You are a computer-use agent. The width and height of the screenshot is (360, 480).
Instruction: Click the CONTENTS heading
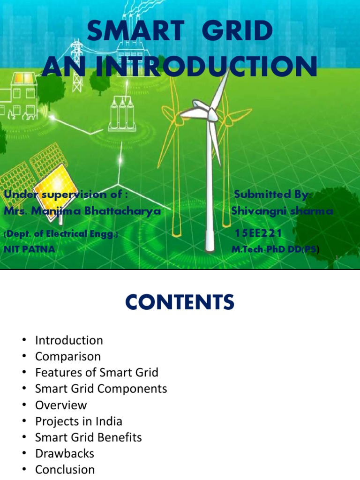coord(180,303)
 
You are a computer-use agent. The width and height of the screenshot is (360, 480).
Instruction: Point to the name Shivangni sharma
coord(282,211)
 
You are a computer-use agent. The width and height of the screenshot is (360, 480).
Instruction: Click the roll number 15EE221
coord(258,233)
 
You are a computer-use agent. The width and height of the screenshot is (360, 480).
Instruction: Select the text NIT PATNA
coord(29,249)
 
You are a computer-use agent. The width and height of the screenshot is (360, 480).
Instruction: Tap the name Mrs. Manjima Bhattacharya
coord(82,211)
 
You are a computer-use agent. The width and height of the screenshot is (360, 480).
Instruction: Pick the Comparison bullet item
coord(67,356)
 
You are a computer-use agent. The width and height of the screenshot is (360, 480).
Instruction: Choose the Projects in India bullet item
coord(78,421)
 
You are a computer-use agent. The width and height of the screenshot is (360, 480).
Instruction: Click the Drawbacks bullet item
coord(64,453)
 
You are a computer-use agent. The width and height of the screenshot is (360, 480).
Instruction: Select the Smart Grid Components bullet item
coord(101,389)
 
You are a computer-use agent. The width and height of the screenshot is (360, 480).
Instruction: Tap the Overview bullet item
coord(61,405)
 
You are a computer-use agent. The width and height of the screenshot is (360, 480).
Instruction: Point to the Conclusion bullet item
coord(65,469)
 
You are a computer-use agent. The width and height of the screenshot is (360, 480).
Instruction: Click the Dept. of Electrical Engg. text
coord(61,233)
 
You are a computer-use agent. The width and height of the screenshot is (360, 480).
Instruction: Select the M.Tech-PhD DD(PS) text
coord(275,249)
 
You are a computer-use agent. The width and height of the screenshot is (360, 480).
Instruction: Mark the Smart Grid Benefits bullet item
coord(88,437)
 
